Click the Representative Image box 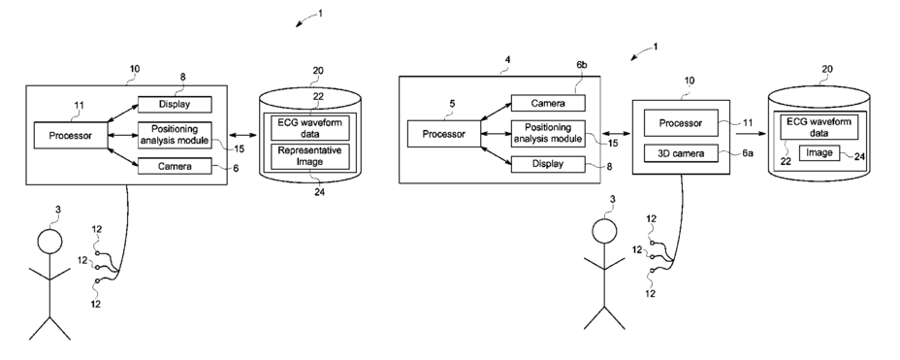(x=310, y=157)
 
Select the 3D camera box (x=681, y=153)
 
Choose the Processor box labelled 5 (x=443, y=134)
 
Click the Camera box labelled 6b (x=548, y=104)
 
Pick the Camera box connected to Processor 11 (x=175, y=166)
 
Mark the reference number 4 (x=507, y=60)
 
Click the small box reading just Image (x=820, y=152)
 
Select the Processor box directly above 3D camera (x=681, y=123)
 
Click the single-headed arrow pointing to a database (x=752, y=133)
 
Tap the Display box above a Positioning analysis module (x=175, y=105)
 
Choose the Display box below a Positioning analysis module (x=548, y=164)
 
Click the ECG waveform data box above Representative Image (x=310, y=127)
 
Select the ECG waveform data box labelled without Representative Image (x=820, y=127)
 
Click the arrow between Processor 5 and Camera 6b (x=496, y=112)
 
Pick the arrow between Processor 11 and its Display (x=122, y=114)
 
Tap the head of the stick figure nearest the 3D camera (x=604, y=231)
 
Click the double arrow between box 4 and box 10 (x=616, y=134)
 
